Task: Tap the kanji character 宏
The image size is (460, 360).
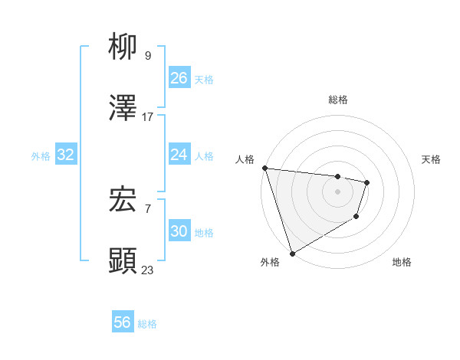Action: click(123, 200)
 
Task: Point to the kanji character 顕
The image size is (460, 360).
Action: click(123, 261)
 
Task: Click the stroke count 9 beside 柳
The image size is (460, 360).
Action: click(148, 55)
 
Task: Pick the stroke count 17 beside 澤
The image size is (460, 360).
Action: click(148, 117)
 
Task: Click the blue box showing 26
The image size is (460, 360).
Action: click(179, 78)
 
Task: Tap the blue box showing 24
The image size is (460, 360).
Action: click(179, 155)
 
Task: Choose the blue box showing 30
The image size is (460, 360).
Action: click(179, 231)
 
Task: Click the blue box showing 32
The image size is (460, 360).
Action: click(66, 155)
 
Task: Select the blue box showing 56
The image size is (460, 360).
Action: click(123, 322)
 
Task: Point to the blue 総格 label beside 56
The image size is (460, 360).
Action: click(147, 324)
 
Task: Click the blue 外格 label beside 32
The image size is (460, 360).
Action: click(41, 156)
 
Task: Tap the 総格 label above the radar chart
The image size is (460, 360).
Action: click(338, 100)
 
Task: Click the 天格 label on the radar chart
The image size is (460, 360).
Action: click(432, 159)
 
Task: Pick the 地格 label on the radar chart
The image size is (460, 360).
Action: click(402, 262)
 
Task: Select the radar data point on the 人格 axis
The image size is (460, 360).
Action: click(264, 168)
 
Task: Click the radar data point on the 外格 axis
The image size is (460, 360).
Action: click(292, 253)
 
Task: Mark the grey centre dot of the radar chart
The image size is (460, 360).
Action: click(337, 191)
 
